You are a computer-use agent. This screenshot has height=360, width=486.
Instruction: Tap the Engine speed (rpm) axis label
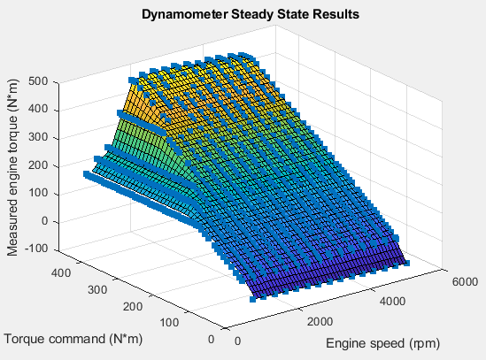tap(382, 342)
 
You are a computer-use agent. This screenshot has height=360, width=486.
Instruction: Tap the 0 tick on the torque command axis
tap(210, 338)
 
